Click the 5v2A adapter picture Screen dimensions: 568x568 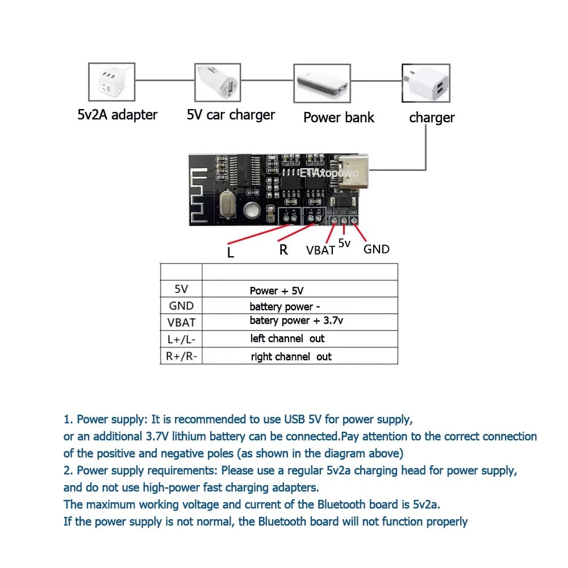[111, 83]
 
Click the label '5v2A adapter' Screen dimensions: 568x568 [117, 115]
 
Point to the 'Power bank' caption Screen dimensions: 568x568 [339, 118]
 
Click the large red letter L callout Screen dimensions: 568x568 [230, 252]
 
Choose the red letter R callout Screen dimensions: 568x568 [283, 249]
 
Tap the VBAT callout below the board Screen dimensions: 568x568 [320, 250]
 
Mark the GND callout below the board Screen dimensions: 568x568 [376, 249]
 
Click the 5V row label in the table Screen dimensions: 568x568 [181, 289]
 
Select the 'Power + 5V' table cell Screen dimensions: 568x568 [277, 291]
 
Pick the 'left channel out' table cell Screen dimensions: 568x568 [287, 339]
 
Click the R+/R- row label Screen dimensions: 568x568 [181, 357]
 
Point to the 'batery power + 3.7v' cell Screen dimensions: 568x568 [296, 321]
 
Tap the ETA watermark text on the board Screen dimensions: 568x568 [311, 172]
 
